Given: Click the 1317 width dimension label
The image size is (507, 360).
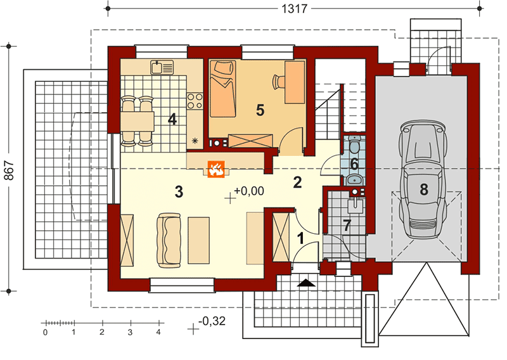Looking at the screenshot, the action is (294, 8).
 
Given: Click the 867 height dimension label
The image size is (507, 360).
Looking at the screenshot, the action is (9, 170).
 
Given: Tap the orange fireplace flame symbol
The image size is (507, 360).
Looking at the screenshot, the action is (216, 169).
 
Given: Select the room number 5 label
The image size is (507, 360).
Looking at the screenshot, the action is (260, 111).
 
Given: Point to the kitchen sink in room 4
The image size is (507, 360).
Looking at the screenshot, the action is (162, 67).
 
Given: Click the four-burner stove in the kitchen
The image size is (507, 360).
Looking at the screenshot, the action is (195, 101).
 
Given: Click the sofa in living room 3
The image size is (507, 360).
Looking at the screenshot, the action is (169, 240).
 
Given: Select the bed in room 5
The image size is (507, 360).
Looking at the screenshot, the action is (222, 89).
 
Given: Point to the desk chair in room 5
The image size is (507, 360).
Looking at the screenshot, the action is (278, 82).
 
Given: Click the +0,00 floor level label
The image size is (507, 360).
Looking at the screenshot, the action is (248, 191).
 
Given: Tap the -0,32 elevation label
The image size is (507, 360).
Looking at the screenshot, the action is (212, 321).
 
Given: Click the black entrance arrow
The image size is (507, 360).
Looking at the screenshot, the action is (305, 283).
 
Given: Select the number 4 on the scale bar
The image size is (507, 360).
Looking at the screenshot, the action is (158, 332).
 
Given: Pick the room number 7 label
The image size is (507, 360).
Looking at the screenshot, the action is (347, 226).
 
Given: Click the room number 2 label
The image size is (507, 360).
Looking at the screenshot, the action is (297, 183).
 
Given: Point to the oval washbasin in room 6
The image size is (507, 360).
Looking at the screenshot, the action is (354, 179).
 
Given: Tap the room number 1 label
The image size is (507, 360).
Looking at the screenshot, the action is (301, 239).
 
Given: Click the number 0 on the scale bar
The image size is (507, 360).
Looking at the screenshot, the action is (45, 332).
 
